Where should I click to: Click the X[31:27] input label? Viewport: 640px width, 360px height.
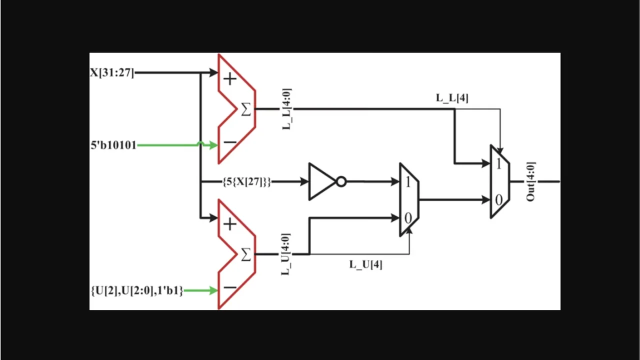point(112,72)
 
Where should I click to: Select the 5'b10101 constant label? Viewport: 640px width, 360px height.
point(113,145)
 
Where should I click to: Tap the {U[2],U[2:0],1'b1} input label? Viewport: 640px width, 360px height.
point(137,290)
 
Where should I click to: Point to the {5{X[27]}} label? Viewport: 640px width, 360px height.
point(246,182)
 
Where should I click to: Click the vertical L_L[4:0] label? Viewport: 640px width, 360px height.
point(287,109)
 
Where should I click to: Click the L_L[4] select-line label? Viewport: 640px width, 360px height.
point(452,98)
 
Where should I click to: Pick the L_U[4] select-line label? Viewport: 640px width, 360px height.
point(365,264)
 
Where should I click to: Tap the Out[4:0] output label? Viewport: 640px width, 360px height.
point(530,181)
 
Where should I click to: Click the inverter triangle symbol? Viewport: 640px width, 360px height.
point(321,181)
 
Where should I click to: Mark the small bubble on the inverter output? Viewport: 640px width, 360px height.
point(341,181)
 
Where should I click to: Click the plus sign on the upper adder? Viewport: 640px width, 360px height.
point(229,79)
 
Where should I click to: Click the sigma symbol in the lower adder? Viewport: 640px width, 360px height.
point(245,254)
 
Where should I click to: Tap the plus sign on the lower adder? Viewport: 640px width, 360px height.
point(229,224)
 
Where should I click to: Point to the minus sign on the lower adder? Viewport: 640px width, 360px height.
point(230,287)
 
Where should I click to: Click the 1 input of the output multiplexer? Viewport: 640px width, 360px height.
point(498,164)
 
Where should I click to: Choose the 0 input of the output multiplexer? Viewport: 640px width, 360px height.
point(498,200)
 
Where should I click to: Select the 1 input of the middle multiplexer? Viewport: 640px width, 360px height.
point(407,182)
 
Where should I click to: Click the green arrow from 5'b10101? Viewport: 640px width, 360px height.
point(177,145)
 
